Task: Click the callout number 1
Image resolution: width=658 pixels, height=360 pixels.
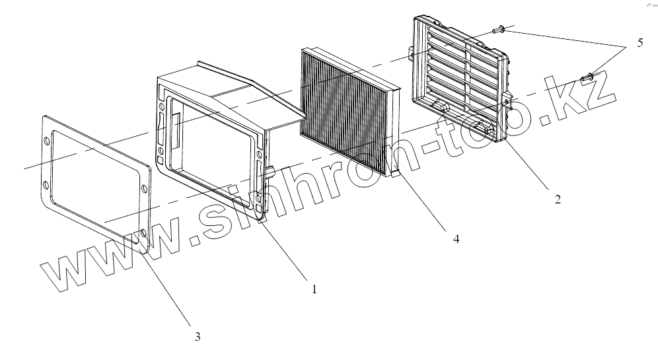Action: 314,289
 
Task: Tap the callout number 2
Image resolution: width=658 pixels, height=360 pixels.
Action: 558,199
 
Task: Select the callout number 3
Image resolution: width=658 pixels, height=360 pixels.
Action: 197,336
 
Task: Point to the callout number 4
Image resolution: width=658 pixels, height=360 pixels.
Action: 456,238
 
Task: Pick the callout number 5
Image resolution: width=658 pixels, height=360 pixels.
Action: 640,44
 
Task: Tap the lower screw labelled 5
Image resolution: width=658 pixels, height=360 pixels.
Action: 586,78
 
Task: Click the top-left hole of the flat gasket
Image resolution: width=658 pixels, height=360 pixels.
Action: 47,141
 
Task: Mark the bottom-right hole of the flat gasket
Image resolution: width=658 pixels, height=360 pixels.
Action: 143,232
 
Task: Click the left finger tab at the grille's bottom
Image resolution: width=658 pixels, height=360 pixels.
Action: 439,106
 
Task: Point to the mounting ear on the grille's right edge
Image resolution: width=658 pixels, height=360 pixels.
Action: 509,101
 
